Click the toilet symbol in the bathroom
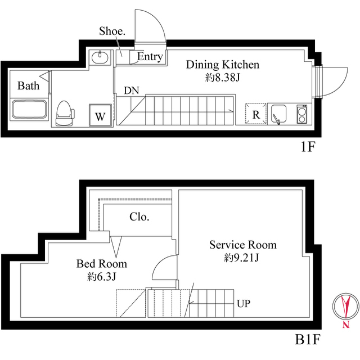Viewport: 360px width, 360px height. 64,112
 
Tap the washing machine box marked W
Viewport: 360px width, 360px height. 100,116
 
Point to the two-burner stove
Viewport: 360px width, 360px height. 300,115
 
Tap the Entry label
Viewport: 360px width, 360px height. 150,57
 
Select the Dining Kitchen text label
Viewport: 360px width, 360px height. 223,65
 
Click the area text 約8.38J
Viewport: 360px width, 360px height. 223,78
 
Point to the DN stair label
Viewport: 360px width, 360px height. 131,90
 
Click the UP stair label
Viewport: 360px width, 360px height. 243,304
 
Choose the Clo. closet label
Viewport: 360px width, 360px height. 139,217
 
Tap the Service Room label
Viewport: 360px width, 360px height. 242,245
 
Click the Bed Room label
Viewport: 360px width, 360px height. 102,263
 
